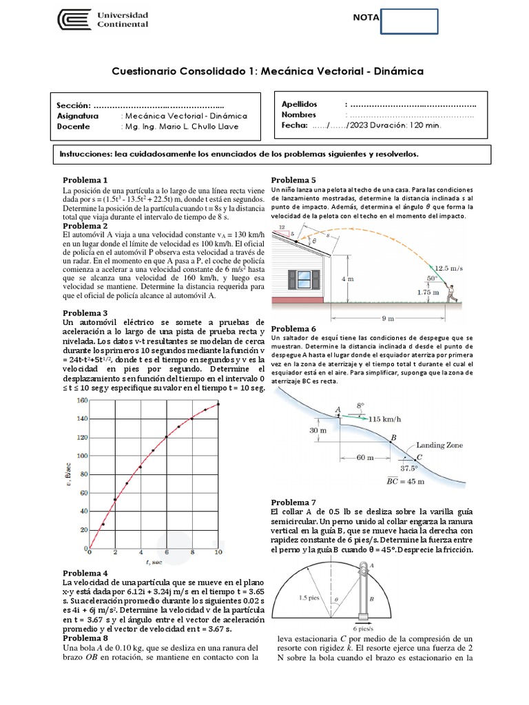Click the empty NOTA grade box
pyautogui.click(x=408, y=21)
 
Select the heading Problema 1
pyautogui.click(x=85, y=179)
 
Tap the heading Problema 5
pyautogui.click(x=294, y=180)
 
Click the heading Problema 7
pyautogui.click(x=294, y=502)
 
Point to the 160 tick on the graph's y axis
pyautogui.click(x=81, y=399)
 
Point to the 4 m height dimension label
pyautogui.click(x=347, y=280)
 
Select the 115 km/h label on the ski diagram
pyautogui.click(x=384, y=418)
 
